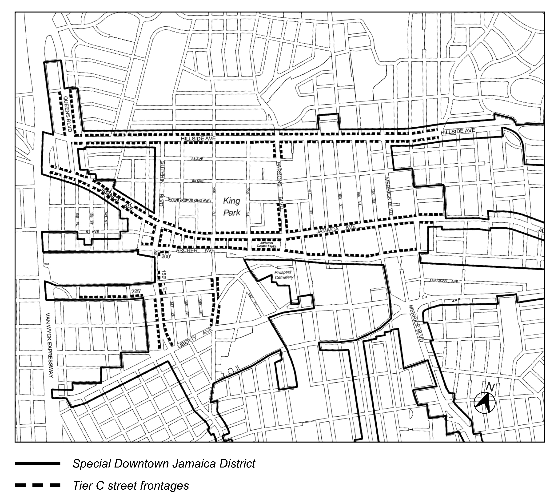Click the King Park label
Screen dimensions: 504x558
231,207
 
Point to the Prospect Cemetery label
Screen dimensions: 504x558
283,275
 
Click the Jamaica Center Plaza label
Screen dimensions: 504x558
266,244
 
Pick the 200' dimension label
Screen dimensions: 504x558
166,257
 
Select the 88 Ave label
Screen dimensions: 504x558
197,159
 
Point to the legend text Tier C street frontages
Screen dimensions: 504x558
131,485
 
